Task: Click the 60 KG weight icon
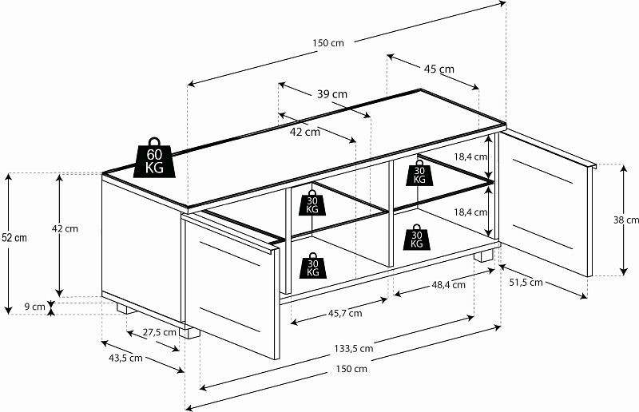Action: [x=153, y=157]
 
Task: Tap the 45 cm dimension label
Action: [x=439, y=69]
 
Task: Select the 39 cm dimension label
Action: [x=331, y=94]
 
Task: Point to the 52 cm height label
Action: [x=14, y=237]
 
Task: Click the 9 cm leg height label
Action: [x=34, y=306]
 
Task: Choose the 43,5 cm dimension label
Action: [x=125, y=358]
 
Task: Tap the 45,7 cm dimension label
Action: [x=344, y=313]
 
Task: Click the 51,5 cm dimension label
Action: [x=526, y=282]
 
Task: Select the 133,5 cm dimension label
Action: [x=355, y=348]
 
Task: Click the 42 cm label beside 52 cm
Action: [x=65, y=228]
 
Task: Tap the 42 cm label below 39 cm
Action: [x=304, y=132]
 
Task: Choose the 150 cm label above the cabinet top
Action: [x=328, y=43]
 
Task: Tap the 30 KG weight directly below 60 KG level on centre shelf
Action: [x=312, y=203]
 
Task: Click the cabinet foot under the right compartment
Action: [x=484, y=258]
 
